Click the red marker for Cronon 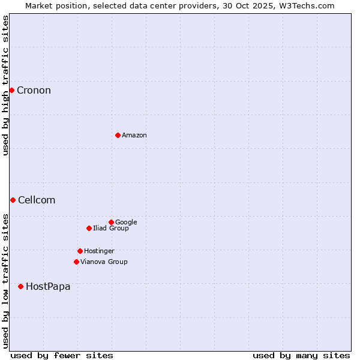11,90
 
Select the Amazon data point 118,135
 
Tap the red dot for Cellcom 13,200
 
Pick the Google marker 111,222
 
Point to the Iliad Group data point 89,228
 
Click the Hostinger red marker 80,251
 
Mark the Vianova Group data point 76,262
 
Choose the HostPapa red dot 20,286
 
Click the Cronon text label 34,91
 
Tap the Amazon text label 134,136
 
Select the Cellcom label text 37,200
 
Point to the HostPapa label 48,287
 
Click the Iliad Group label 111,229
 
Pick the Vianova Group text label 104,262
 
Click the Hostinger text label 99,251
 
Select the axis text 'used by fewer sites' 62,355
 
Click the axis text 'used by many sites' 301,355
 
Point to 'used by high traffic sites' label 5,85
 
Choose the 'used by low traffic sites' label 5,280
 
